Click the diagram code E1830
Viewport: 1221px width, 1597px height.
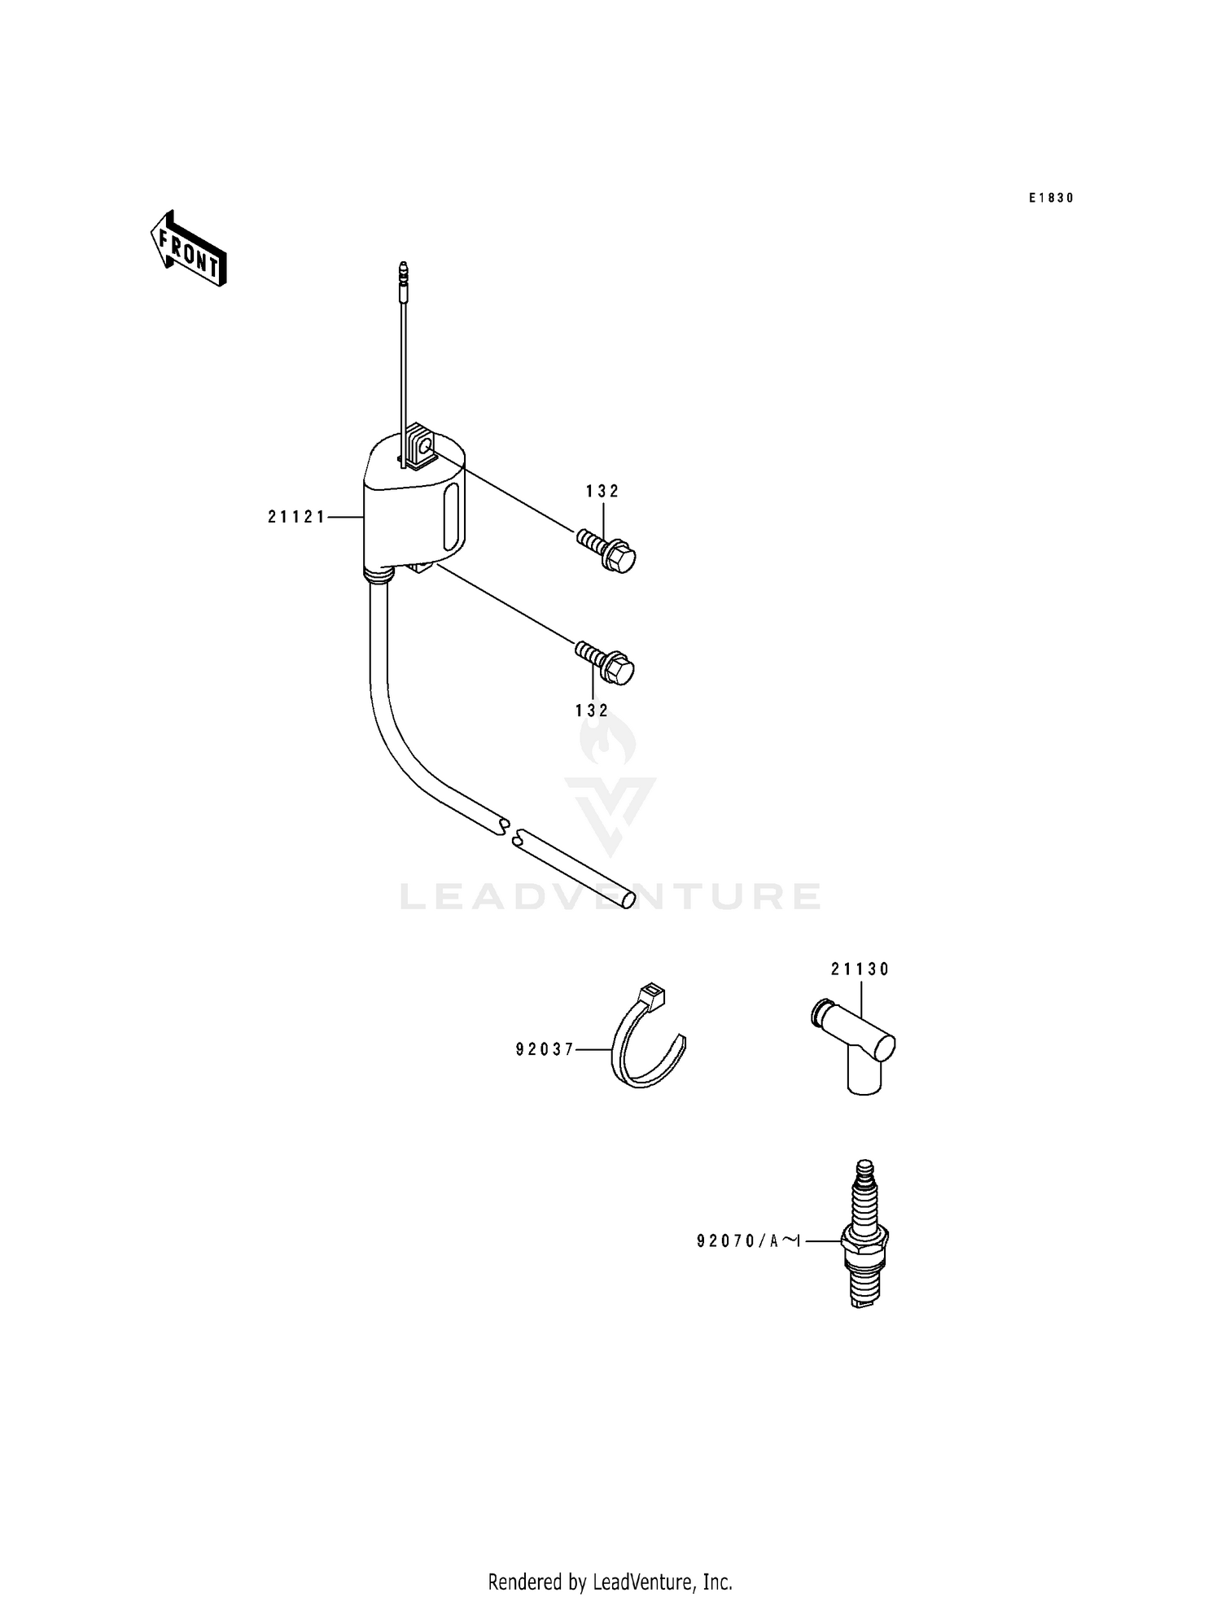tap(1051, 198)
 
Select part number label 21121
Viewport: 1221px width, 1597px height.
tap(297, 516)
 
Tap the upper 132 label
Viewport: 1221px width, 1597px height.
tap(602, 491)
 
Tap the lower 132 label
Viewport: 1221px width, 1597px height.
tap(592, 711)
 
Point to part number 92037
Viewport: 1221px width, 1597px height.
tap(545, 1049)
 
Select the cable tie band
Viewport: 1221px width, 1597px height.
tap(647, 1050)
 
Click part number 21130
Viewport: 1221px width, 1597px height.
tap(860, 969)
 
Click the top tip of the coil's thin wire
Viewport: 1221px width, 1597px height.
tap(403, 267)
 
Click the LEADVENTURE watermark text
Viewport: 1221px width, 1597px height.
tap(610, 896)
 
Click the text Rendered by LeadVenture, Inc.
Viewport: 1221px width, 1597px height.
tap(610, 1582)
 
